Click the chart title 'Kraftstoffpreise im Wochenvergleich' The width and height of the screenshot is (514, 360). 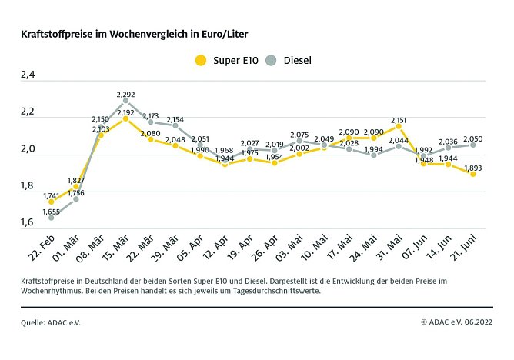click(139, 34)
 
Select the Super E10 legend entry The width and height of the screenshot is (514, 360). click(226, 60)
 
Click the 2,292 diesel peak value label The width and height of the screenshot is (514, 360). click(125, 95)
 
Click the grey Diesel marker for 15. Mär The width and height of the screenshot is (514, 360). click(125, 101)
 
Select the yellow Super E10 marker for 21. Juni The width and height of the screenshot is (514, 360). click(473, 174)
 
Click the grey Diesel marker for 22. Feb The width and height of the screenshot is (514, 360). click(52, 218)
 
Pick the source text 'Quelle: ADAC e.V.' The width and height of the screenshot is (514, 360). click(51, 322)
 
